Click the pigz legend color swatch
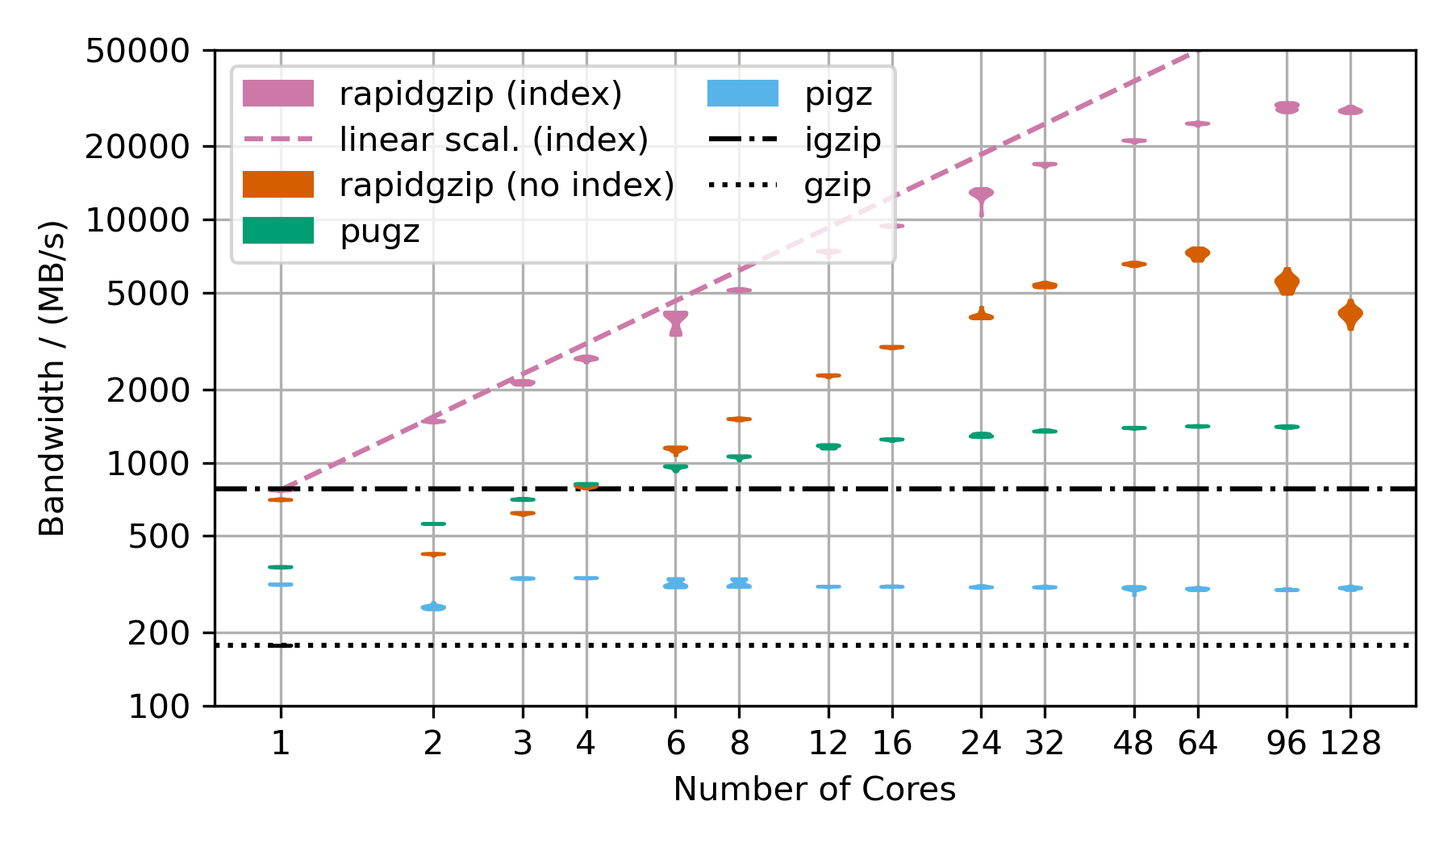click(x=743, y=94)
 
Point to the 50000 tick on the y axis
click(x=137, y=51)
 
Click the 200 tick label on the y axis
click(x=158, y=632)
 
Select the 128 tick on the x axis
click(x=1350, y=743)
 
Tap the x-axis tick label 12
click(x=828, y=743)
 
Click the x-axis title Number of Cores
click(x=815, y=789)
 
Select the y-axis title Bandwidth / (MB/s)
click(x=52, y=378)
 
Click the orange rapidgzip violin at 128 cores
click(x=1350, y=314)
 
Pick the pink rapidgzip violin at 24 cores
click(x=981, y=194)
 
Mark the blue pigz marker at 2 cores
click(x=433, y=607)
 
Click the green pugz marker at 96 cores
click(x=1287, y=427)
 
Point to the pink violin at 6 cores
click(x=676, y=321)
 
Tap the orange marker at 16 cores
click(x=891, y=347)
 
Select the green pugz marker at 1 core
click(x=280, y=567)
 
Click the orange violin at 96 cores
click(x=1287, y=282)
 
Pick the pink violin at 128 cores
click(x=1350, y=111)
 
